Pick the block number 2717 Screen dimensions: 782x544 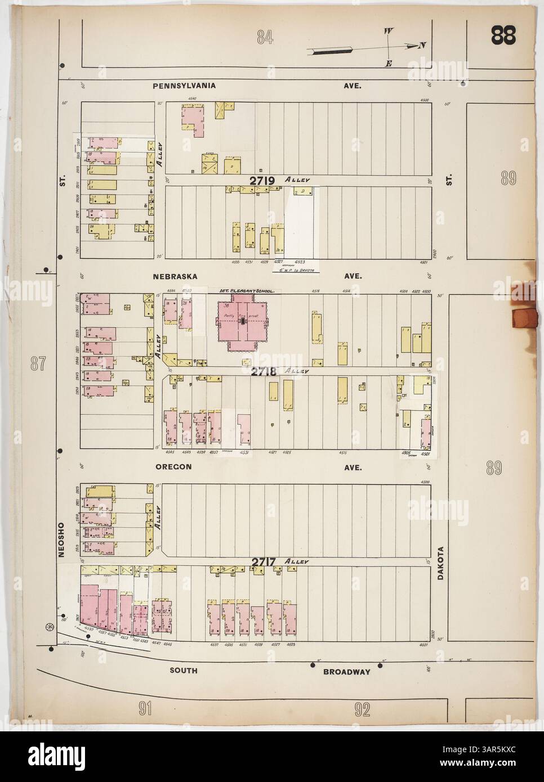pyautogui.click(x=263, y=561)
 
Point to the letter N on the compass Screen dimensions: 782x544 pyautogui.click(x=421, y=46)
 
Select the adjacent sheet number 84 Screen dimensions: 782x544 pyautogui.click(x=265, y=38)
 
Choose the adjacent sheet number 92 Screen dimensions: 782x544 pyautogui.click(x=362, y=710)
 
